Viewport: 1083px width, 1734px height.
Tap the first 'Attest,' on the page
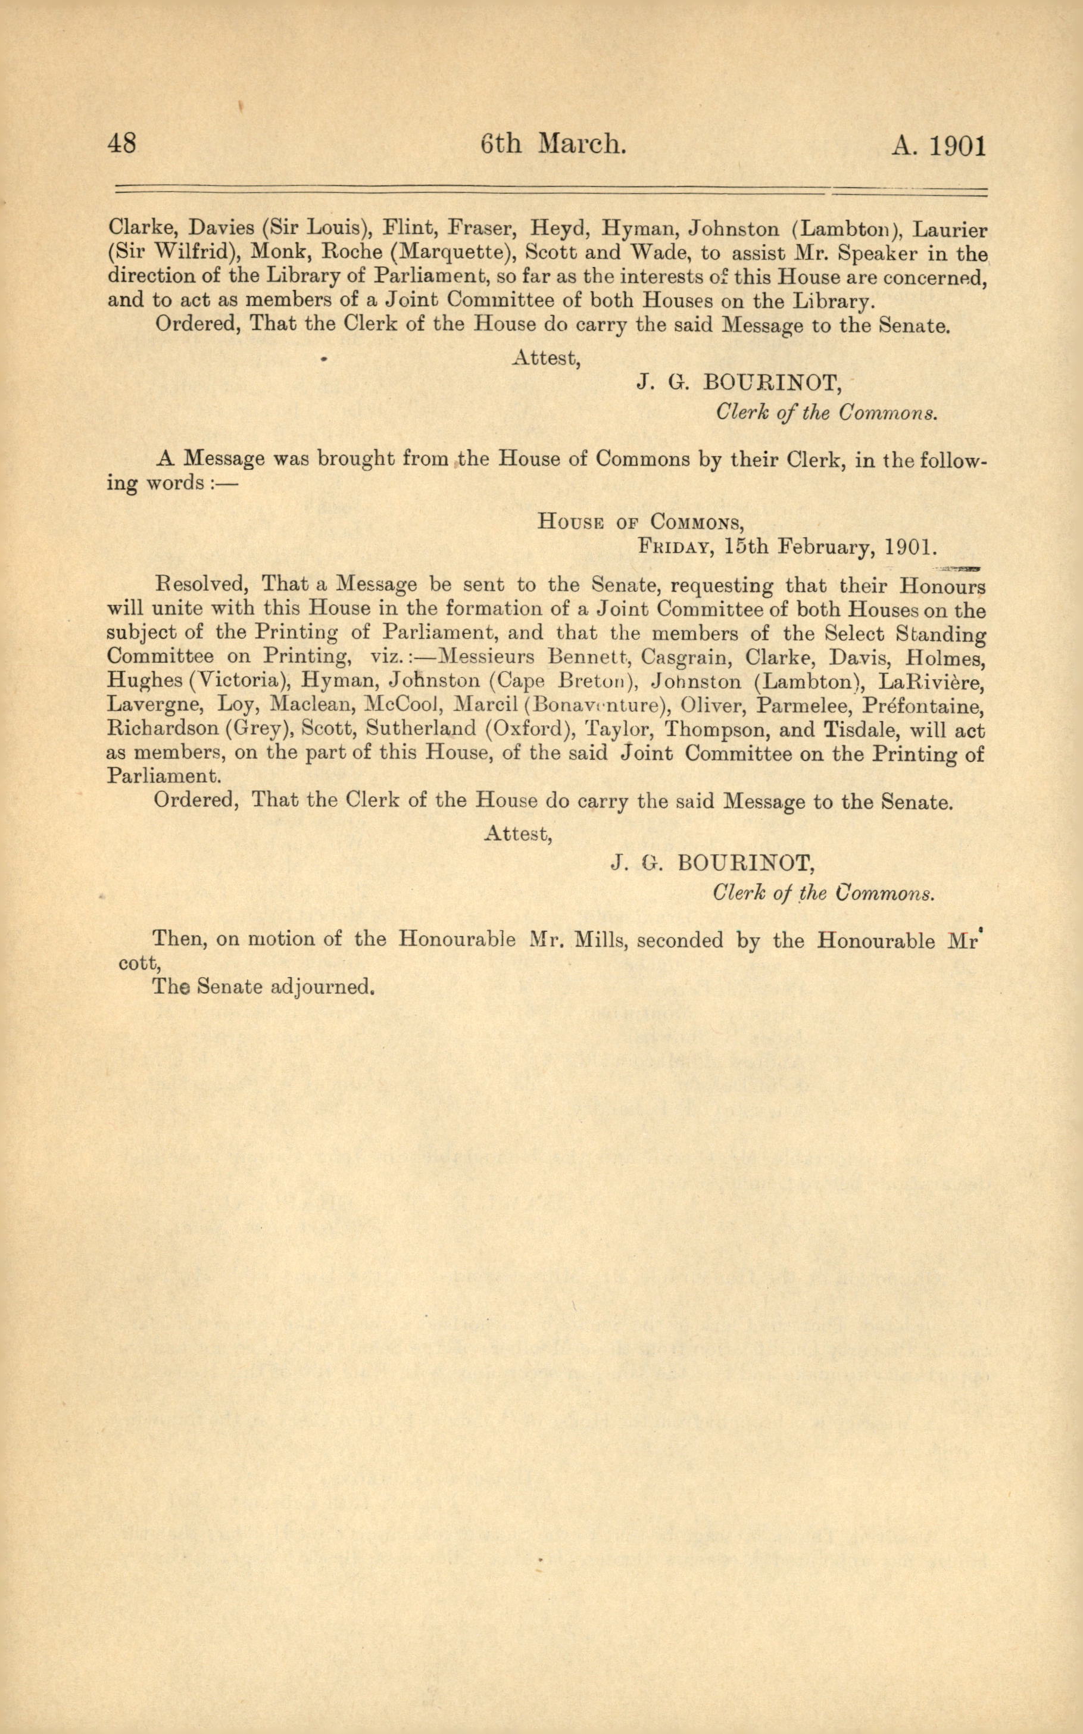coord(546,357)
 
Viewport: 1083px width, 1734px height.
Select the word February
coord(828,548)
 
